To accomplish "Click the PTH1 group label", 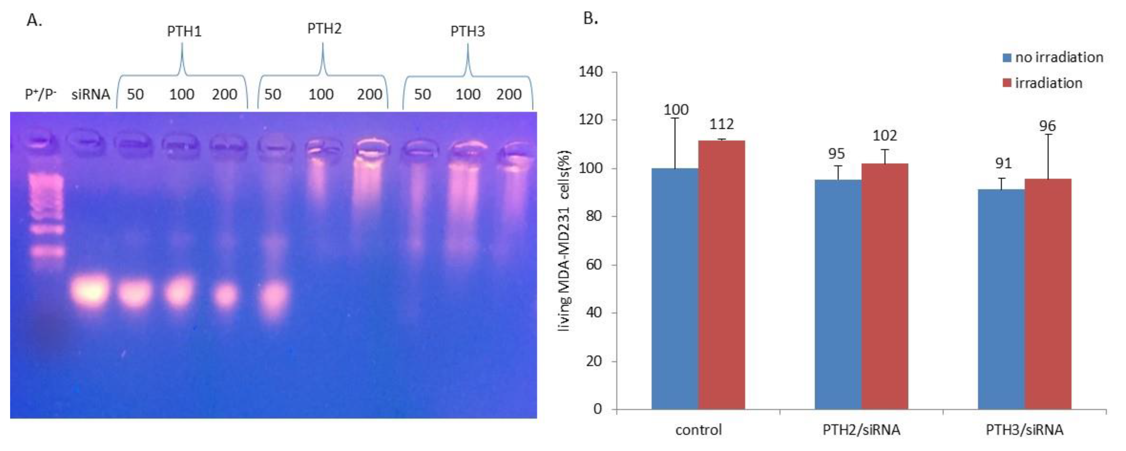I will (x=184, y=32).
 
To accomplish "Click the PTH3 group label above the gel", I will (x=467, y=32).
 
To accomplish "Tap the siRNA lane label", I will (x=90, y=94).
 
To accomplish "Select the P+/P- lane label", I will (x=41, y=94).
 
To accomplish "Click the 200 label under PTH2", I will (x=369, y=94).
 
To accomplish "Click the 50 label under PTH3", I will (x=422, y=94).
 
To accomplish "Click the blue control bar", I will (x=675, y=289).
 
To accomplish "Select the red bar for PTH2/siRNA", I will (x=885, y=287).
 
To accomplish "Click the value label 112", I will (x=721, y=125).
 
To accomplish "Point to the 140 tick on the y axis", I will (x=590, y=72).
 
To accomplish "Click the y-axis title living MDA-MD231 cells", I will (x=565, y=241).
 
